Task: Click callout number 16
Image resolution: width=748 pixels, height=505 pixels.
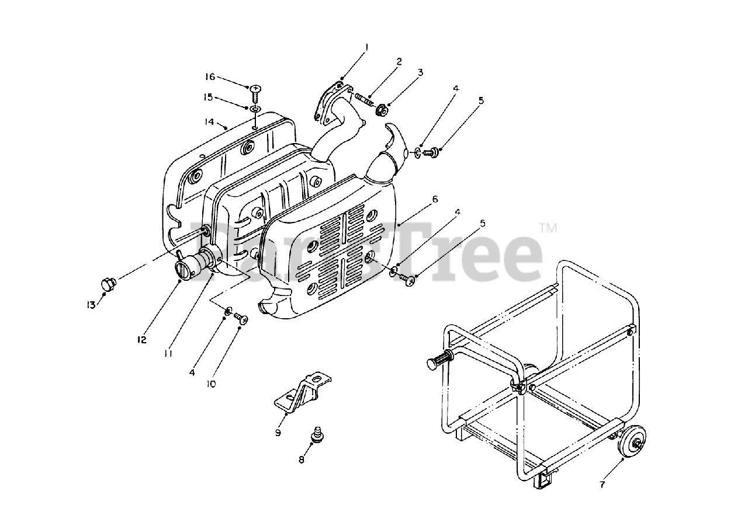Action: (x=210, y=77)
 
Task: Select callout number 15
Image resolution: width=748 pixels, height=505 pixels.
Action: (x=209, y=97)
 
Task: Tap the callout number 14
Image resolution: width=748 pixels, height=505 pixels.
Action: (x=209, y=122)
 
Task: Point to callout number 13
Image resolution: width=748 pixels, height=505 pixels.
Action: (x=91, y=304)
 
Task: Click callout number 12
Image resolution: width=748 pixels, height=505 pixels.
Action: (x=142, y=340)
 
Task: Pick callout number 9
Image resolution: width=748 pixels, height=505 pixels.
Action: (x=278, y=433)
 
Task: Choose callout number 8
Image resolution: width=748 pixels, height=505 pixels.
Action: (x=302, y=459)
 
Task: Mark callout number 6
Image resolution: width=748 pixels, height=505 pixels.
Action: (x=435, y=199)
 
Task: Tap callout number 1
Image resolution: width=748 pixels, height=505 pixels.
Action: (x=367, y=46)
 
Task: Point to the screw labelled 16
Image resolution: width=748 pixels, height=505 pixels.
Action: (x=256, y=92)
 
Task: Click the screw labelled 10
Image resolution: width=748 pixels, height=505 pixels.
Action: (x=241, y=318)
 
